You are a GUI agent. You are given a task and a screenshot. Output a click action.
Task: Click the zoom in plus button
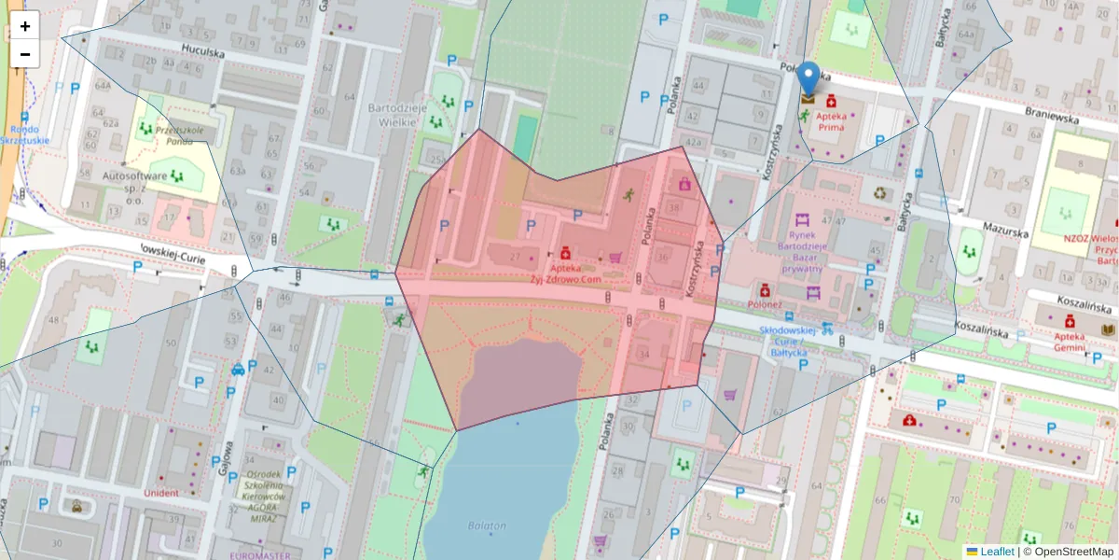click(x=25, y=26)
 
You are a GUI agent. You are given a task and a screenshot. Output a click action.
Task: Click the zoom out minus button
click(x=25, y=54)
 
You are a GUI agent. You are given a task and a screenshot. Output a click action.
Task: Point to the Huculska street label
click(x=203, y=53)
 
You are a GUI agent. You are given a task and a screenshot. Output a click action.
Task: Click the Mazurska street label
click(x=1005, y=227)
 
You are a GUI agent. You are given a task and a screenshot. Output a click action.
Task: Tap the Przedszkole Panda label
click(x=180, y=136)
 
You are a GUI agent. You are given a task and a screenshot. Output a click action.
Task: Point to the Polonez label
click(x=764, y=304)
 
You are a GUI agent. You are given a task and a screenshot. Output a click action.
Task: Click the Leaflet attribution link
click(x=996, y=552)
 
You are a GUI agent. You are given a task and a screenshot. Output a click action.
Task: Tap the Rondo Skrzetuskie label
click(x=25, y=135)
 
